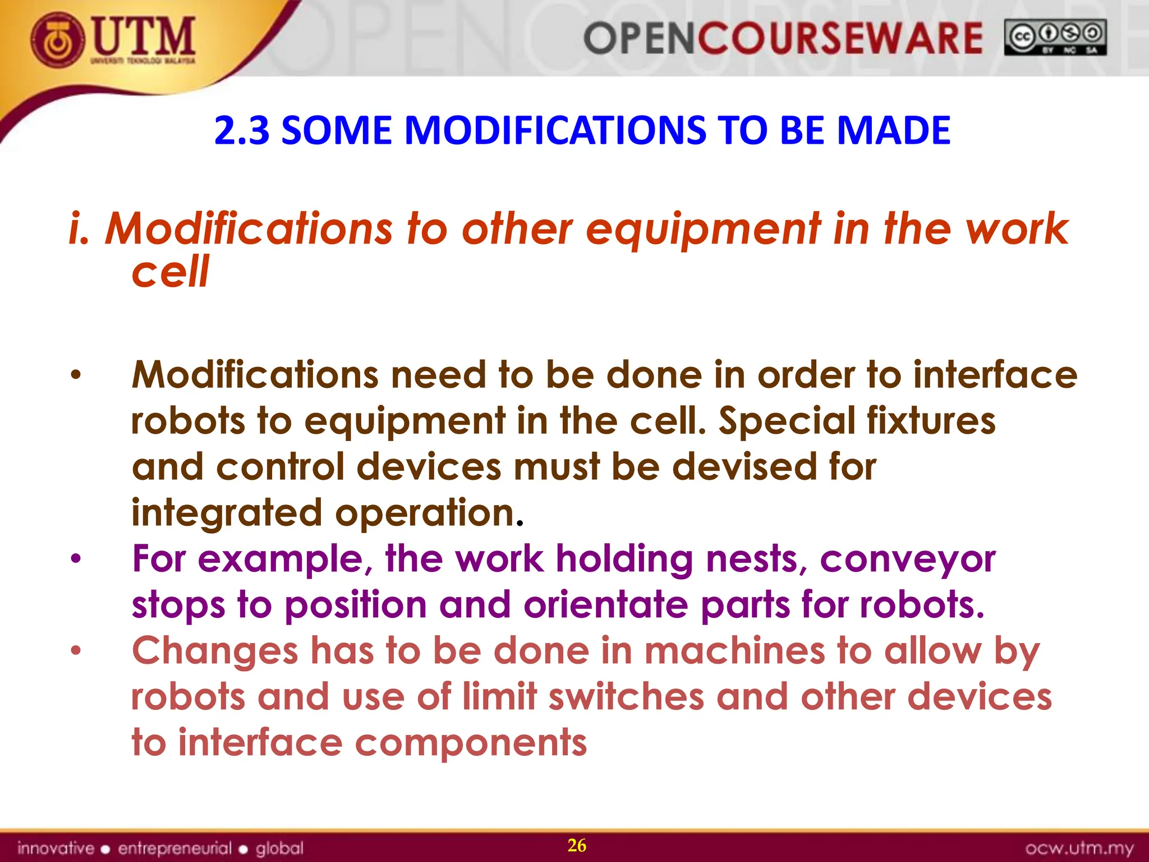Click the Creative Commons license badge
1055,37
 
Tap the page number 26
577,845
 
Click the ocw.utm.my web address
1079,848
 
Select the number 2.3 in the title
242,130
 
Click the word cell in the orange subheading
170,272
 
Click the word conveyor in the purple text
907,560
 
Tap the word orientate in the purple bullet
605,605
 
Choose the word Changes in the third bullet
214,651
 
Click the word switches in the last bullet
626,697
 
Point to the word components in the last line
471,743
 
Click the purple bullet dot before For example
76,559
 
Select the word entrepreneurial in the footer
174,848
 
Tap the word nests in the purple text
756,560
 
